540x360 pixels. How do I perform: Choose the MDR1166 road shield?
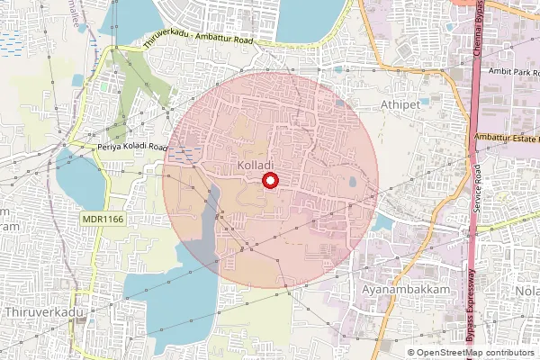coord(101,218)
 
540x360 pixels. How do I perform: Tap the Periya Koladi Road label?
coord(133,146)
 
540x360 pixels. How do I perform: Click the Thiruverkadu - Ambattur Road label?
coord(198,40)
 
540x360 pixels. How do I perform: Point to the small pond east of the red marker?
coord(351,183)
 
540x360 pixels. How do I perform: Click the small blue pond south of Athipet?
coord(382,221)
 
